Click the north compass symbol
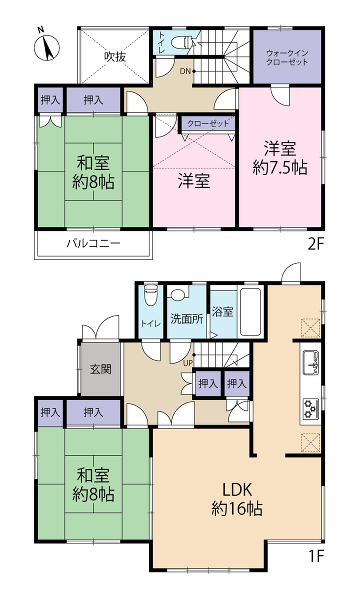coord(47,46)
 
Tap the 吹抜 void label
coord(115,57)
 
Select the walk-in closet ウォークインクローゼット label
coord(287,57)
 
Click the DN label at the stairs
coord(185,71)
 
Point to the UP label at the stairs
coord(187,363)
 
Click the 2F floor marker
coord(316,244)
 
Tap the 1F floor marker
coord(316,556)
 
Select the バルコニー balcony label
coord(94,243)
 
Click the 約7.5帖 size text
coord(280,168)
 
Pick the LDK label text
coord(237,489)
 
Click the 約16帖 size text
coord(237,509)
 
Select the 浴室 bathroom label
coord(222,311)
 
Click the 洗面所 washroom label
coord(187,319)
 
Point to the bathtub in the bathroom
coord(250,312)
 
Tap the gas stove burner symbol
coord(311,409)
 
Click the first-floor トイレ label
coord(151,323)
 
